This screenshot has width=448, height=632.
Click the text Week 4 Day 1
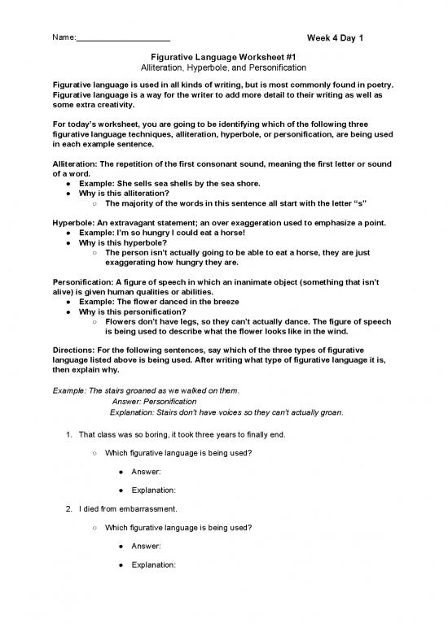[x=335, y=38]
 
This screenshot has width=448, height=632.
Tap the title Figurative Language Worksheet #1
[x=223, y=56]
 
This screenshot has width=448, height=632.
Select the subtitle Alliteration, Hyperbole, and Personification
[x=223, y=68]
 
